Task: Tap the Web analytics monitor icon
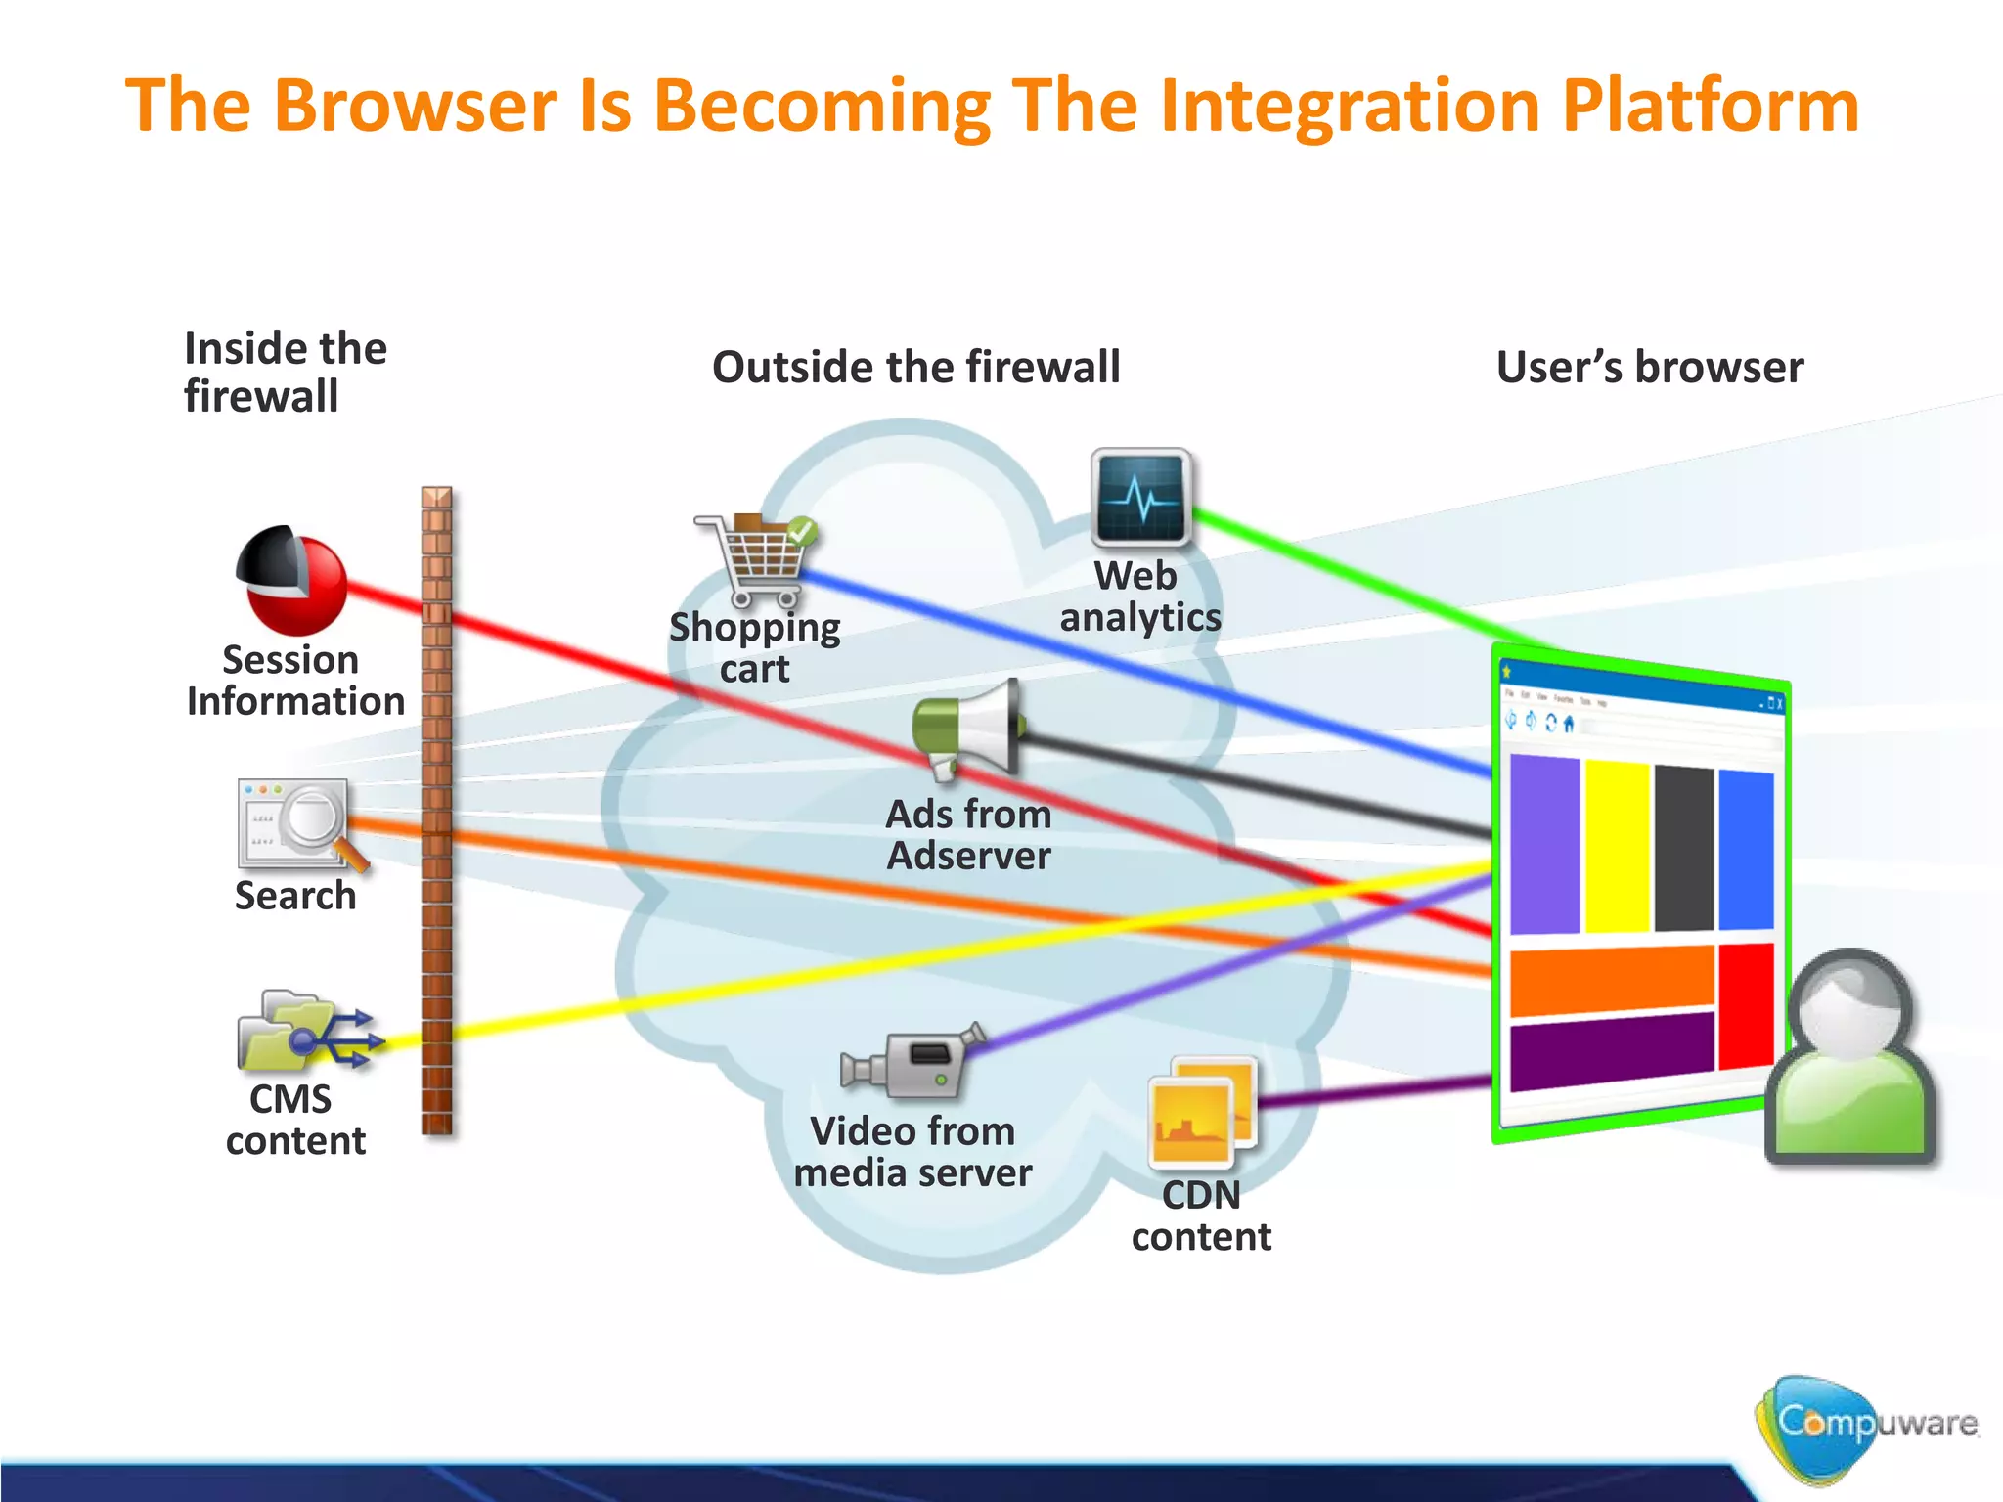(x=1140, y=497)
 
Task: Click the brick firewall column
(x=437, y=812)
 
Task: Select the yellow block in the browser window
(x=1617, y=847)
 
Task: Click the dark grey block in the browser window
(x=1684, y=849)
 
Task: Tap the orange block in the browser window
(x=1611, y=981)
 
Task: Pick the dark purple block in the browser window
(x=1611, y=1051)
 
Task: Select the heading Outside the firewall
(x=915, y=368)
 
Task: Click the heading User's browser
(x=1649, y=368)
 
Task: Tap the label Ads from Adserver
(x=968, y=834)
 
